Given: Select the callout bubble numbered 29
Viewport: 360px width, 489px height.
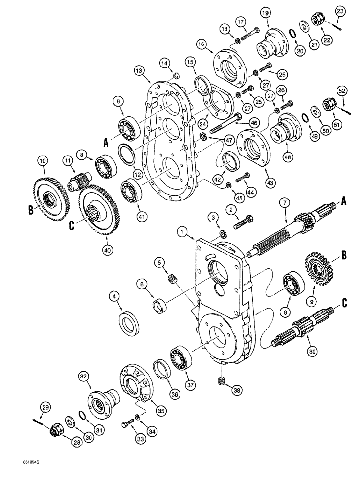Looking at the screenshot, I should click(x=44, y=407).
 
